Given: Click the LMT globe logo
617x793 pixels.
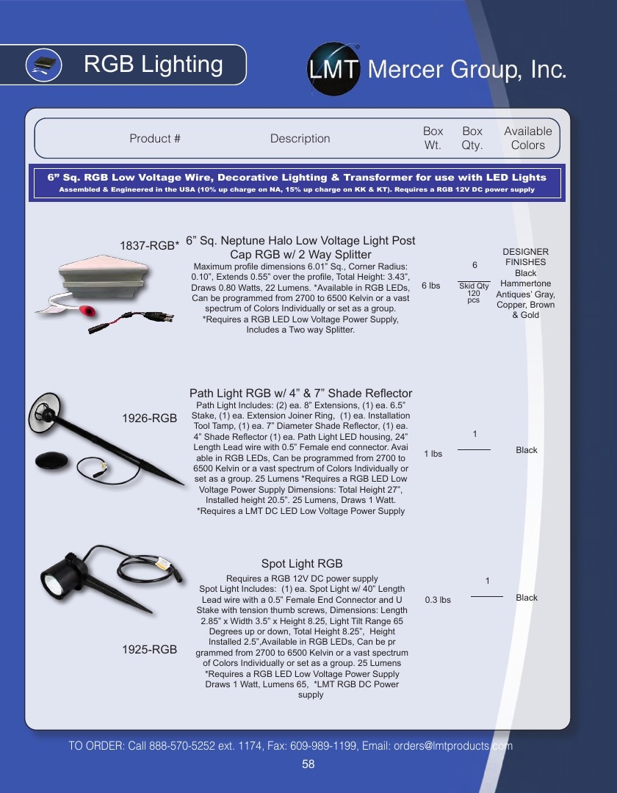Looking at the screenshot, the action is (333, 69).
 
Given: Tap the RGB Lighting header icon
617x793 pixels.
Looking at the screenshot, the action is (43, 65).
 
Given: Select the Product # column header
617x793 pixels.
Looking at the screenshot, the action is (155, 139).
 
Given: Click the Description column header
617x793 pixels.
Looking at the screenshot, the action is (300, 139).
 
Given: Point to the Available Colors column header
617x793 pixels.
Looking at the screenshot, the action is (527, 138).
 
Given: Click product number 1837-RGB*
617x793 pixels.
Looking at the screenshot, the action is (149, 246).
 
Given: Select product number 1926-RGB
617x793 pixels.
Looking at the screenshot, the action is (149, 419).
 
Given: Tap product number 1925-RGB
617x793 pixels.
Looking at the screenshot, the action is (149, 649).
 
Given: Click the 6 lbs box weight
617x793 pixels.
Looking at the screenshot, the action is (431, 286).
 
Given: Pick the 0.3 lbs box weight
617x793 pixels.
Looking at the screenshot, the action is (438, 600).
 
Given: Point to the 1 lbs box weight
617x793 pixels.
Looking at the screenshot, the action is (433, 454).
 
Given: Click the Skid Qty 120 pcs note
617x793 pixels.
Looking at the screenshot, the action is (474, 293).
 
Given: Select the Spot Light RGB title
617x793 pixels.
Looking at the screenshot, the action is (302, 563).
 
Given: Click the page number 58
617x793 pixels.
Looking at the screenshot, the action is (308, 764).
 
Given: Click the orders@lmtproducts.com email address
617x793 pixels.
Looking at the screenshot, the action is (453, 746).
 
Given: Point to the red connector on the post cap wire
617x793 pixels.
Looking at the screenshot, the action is (88, 311).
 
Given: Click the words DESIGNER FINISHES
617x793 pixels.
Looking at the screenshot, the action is (525, 257).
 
